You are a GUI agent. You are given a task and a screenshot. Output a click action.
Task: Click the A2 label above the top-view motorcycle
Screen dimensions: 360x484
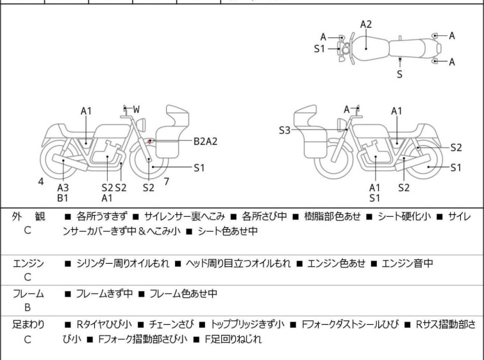365,24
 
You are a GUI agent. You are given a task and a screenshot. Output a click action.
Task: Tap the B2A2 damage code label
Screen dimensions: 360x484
206,141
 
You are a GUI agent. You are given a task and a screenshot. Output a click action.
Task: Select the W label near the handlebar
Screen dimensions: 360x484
136,110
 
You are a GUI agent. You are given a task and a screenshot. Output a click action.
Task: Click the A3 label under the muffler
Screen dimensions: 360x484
62,187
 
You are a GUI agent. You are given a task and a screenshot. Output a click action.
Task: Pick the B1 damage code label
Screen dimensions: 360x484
62,198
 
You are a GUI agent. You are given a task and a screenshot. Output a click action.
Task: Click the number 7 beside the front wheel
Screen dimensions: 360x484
166,181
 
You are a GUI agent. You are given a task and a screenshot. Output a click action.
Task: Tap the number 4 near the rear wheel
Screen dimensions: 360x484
41,182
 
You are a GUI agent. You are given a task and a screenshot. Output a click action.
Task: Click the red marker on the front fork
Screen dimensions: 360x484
149,141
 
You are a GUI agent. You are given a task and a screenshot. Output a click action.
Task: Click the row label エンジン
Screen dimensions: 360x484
28,263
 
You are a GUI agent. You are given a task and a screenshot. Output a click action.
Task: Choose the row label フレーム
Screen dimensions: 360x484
28,294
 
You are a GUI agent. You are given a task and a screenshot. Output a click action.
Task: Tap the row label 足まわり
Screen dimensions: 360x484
28,325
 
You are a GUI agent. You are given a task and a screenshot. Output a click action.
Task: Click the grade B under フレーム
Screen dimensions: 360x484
28,307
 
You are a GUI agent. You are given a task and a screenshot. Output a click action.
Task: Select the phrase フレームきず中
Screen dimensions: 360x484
104,294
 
